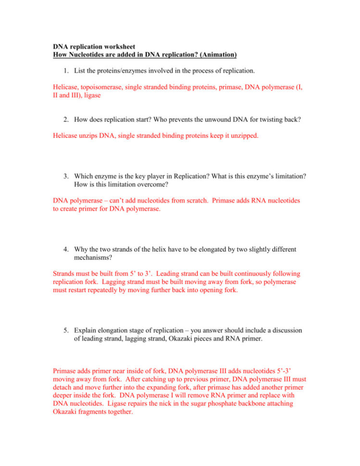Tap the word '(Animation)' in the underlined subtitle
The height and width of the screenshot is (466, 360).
[x=217, y=55]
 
